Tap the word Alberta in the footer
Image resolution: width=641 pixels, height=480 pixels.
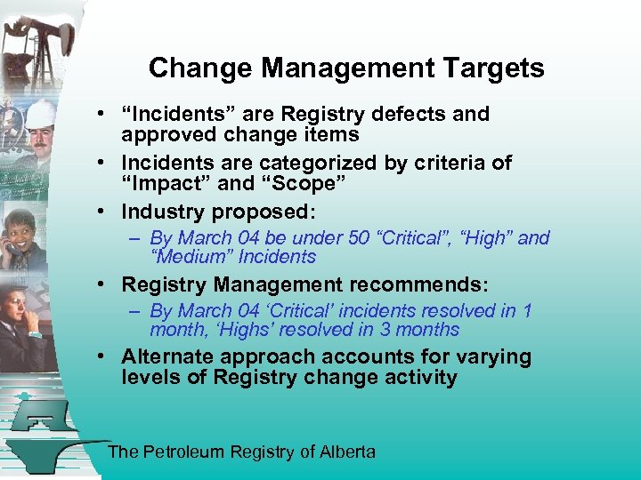(x=347, y=452)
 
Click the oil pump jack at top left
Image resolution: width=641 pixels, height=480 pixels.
(x=36, y=44)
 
